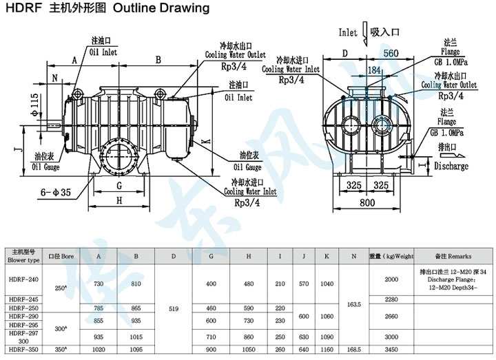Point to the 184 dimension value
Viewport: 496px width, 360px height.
pos(375,70)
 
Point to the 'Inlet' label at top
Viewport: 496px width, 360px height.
pos(348,32)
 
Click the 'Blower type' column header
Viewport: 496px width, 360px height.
pos(23,261)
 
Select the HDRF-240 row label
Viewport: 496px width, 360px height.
pos(23,279)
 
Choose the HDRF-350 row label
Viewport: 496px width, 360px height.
pos(23,350)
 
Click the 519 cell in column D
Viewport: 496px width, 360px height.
pos(174,309)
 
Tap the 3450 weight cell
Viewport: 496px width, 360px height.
pos(391,350)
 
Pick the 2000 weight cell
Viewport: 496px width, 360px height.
pos(391,279)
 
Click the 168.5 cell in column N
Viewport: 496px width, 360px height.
pos(353,350)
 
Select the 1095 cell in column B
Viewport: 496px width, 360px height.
pos(136,350)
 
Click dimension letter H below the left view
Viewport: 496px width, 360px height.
pos(120,201)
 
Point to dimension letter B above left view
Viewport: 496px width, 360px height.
pos(158,61)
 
